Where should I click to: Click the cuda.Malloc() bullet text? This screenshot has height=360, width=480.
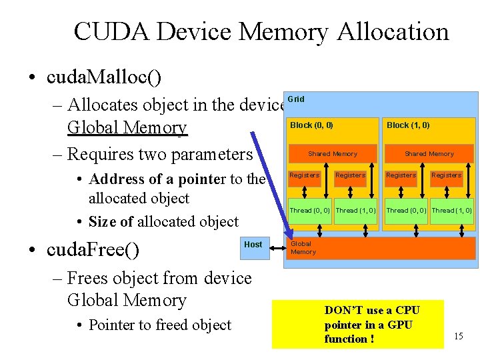coord(104,77)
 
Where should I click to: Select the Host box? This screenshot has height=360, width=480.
coord(253,245)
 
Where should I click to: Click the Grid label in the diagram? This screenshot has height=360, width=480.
coord(296,99)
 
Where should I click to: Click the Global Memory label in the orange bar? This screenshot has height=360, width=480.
coord(303,248)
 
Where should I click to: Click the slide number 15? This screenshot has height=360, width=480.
coord(458,335)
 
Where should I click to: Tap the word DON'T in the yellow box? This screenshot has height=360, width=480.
coord(341,311)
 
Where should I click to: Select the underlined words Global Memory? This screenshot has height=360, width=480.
coord(127,127)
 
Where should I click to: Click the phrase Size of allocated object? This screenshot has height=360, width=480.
coord(163,221)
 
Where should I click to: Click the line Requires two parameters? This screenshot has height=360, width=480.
coord(160,154)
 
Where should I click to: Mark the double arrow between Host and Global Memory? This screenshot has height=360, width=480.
coord(277,245)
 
